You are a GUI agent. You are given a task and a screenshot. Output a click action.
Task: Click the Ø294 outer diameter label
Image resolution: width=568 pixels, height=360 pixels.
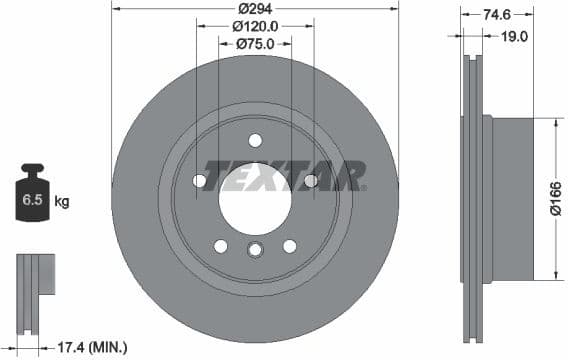point(255,9)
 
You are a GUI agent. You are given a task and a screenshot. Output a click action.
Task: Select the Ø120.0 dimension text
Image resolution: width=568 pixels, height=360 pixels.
point(255,27)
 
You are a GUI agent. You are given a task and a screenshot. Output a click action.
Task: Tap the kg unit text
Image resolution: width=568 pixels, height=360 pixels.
point(63,202)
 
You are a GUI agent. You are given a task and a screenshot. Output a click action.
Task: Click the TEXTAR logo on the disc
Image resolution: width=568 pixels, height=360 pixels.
point(283,176)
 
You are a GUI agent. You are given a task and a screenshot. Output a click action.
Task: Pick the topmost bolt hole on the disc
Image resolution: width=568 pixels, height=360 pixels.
point(255,140)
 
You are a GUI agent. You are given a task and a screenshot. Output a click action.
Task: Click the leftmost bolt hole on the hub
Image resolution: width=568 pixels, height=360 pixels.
point(199,181)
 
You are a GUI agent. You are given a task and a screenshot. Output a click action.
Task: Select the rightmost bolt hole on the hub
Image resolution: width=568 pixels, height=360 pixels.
point(310,181)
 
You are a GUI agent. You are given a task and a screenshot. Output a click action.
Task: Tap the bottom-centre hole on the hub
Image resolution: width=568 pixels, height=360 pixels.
point(255,250)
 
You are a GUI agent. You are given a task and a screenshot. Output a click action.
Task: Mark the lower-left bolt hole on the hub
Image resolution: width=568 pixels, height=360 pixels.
point(220,246)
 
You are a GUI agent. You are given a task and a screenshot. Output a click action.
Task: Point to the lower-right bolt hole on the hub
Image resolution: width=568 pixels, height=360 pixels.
point(290,246)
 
